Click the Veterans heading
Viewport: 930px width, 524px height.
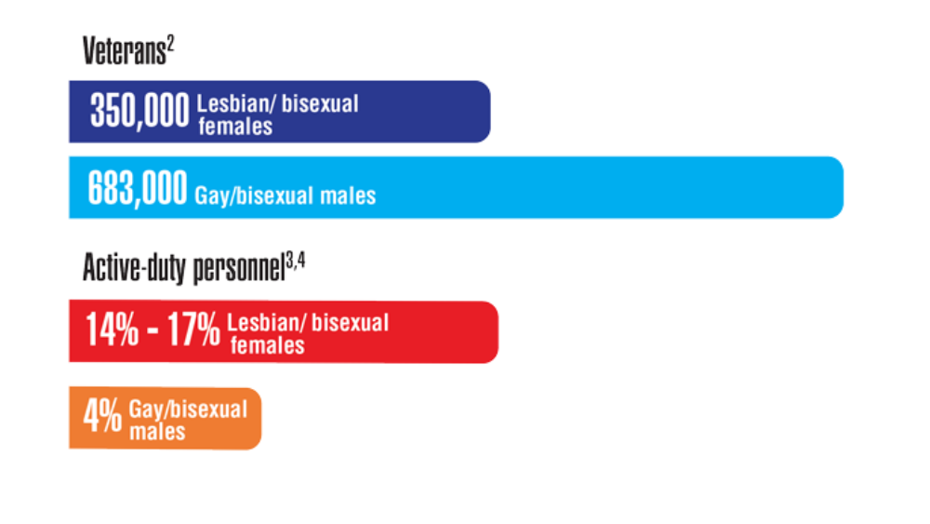[124, 50]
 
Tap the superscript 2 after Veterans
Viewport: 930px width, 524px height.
[170, 44]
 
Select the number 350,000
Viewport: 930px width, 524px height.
[139, 111]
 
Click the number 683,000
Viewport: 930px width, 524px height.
[138, 188]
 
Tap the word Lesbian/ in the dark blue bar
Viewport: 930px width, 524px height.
[236, 104]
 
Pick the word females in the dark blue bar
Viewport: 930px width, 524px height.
[235, 127]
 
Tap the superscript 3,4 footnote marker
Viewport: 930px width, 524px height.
[296, 260]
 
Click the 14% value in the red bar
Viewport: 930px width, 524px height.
[113, 329]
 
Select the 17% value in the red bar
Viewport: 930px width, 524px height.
[193, 329]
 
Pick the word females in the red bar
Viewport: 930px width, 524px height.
[268, 345]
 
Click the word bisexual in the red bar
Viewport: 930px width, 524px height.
[350, 323]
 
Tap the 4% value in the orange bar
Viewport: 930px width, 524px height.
[102, 416]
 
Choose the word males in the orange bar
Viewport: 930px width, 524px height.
[157, 432]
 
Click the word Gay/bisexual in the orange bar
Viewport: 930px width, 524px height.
[188, 410]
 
